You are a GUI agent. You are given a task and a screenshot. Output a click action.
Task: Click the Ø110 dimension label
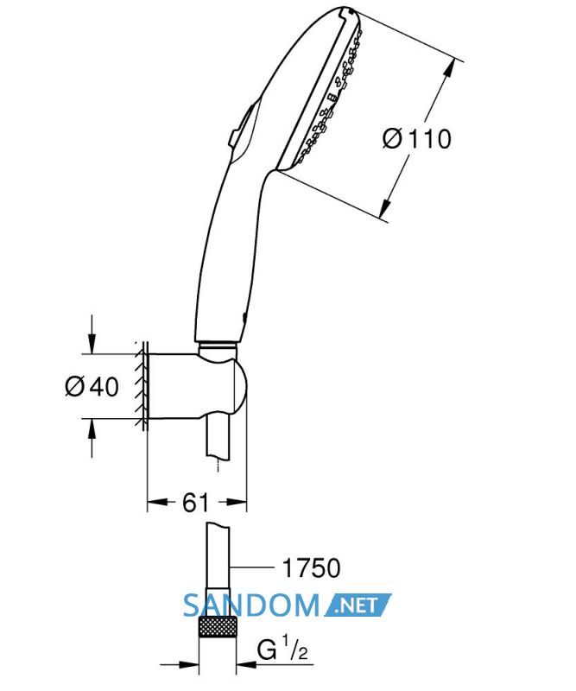pos(416,138)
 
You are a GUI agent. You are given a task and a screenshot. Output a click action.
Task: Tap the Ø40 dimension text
pos(92,386)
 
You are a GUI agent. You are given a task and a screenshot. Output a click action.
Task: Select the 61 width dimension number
pos(195,502)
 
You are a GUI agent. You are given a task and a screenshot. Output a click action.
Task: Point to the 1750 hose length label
pos(311,567)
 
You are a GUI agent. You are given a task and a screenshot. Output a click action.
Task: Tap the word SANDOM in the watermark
pos(250,605)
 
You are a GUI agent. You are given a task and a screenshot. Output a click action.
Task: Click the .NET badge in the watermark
pos(358,605)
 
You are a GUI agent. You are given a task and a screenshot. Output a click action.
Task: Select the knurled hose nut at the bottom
pos(218,632)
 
